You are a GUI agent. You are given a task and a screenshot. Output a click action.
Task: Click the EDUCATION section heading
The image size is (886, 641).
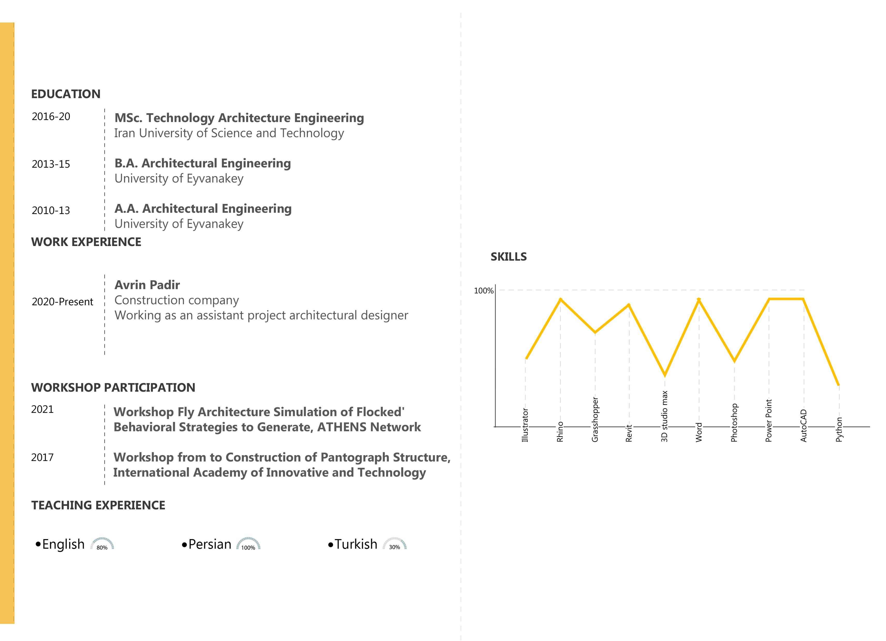(66, 94)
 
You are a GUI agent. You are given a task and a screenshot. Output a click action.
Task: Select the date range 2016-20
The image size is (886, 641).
(51, 116)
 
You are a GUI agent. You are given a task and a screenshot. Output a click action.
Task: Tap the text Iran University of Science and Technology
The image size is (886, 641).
(229, 133)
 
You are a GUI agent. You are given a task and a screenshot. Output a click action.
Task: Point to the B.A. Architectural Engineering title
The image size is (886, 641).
(202, 163)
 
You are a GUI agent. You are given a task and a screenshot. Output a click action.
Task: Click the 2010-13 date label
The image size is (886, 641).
(51, 210)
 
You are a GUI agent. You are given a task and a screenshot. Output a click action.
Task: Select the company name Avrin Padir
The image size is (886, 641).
(147, 285)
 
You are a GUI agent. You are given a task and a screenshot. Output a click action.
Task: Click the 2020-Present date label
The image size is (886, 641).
(63, 302)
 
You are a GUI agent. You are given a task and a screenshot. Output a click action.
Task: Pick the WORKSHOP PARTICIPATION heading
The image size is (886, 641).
(113, 388)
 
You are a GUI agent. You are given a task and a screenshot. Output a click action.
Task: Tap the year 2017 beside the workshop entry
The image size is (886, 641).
(42, 457)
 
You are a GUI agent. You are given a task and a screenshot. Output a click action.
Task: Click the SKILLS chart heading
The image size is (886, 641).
(509, 257)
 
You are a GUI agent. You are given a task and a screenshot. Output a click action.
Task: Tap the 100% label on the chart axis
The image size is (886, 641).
(484, 291)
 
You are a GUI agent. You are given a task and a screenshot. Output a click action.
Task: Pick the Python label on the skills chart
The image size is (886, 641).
(839, 429)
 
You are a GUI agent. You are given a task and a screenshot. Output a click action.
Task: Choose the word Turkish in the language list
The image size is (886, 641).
(356, 544)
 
